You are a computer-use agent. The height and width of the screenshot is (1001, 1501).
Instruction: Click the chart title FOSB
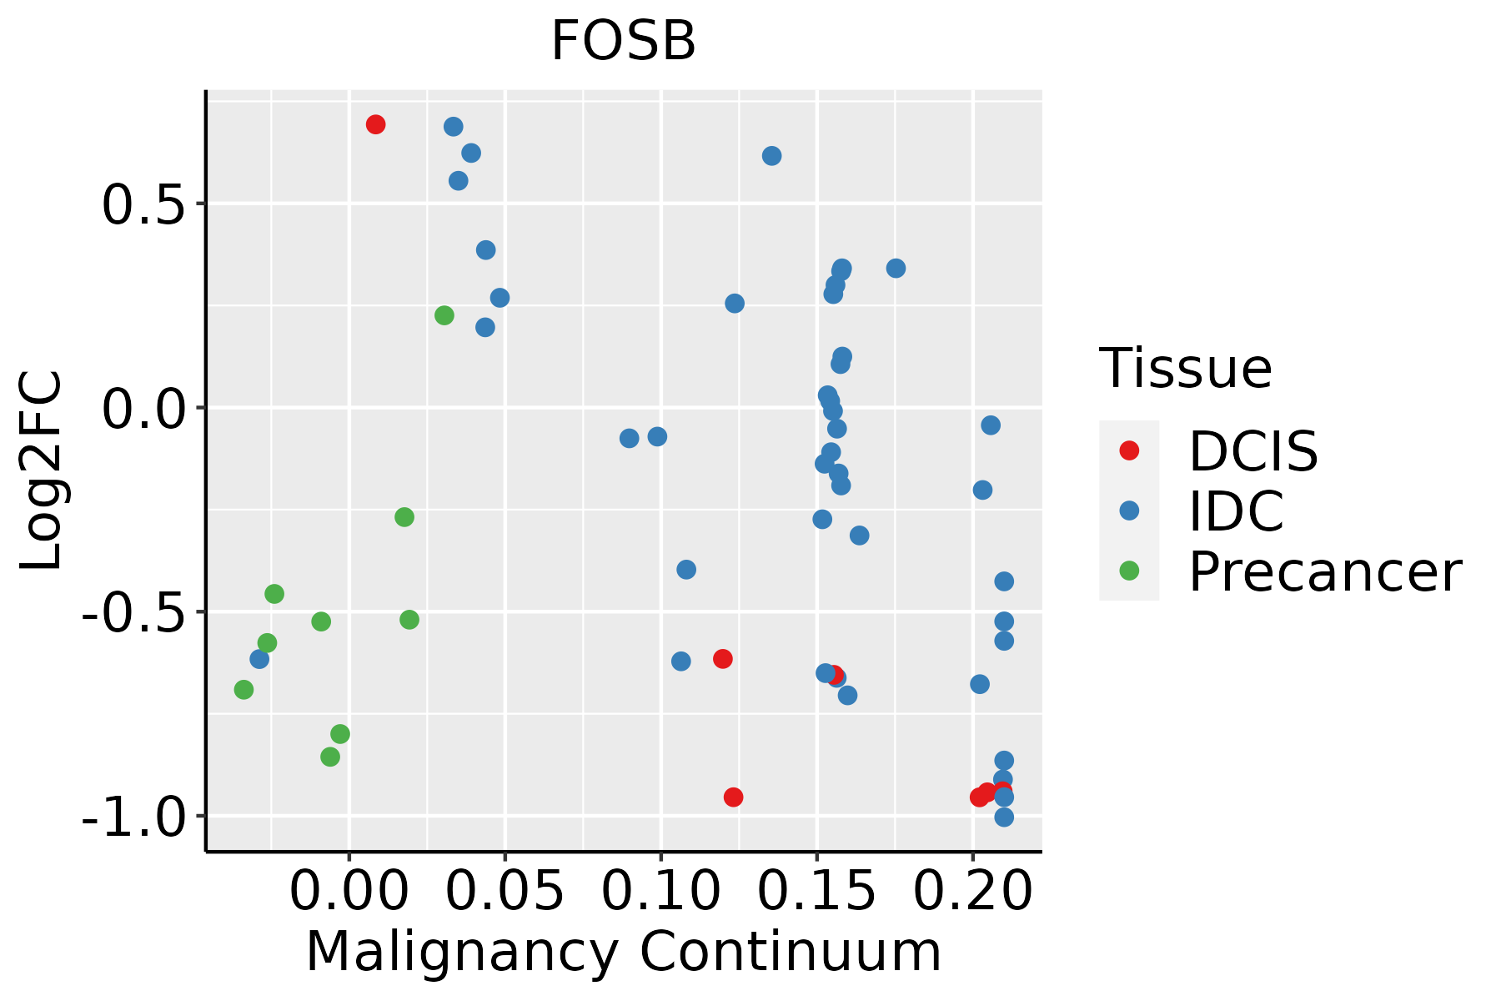pos(623,42)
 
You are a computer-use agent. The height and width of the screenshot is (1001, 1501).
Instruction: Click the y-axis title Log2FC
pos(42,471)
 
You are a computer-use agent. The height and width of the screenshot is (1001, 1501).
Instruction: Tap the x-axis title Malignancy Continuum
pos(623,953)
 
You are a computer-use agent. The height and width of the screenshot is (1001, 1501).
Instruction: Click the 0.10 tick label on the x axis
pos(660,891)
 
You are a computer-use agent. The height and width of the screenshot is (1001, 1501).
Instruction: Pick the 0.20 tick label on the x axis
pos(972,891)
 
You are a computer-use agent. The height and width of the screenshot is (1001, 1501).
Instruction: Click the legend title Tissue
pos(1185,368)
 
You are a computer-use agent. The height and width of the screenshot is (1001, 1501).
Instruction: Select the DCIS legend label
pos(1253,451)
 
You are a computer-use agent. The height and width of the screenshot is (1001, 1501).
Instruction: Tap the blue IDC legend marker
pos(1129,511)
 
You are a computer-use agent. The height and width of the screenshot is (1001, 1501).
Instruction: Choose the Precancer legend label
pos(1324,572)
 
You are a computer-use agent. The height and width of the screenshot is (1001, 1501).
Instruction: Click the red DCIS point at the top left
pos(375,125)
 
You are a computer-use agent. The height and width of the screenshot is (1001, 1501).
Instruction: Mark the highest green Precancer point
pos(444,315)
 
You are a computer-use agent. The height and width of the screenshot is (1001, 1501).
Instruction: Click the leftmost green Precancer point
pos(243,690)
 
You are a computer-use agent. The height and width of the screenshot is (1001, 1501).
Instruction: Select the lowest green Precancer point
pos(330,757)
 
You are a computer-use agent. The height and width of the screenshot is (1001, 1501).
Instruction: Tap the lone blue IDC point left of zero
pos(259,659)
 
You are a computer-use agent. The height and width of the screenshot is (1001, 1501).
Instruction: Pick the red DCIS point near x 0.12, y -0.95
pos(733,797)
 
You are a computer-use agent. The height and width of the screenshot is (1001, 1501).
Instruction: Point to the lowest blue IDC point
pos(1004,817)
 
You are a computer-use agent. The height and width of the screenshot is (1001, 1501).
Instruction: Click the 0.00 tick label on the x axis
pos(349,891)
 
